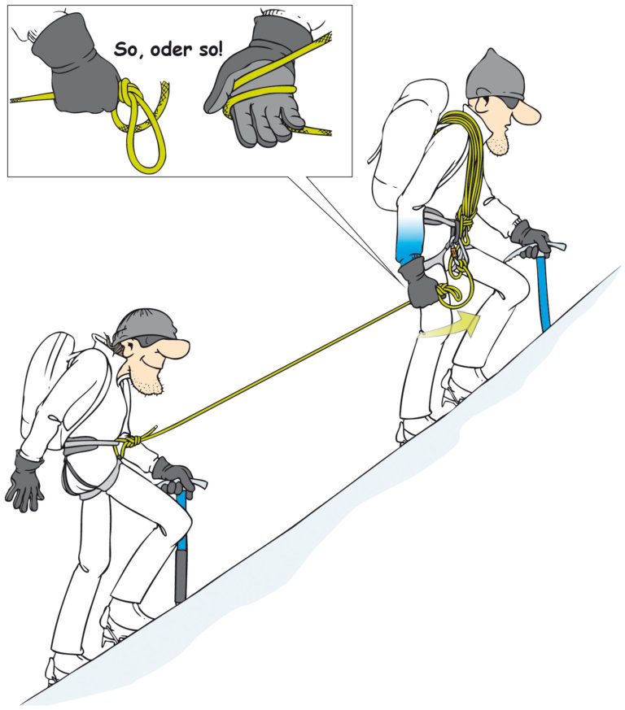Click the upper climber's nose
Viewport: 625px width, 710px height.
[528, 113]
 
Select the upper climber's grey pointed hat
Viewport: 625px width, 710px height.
[496, 75]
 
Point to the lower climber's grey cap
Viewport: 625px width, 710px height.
[144, 326]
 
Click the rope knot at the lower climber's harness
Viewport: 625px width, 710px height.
[129, 441]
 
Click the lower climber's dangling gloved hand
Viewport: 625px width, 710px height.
[25, 481]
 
